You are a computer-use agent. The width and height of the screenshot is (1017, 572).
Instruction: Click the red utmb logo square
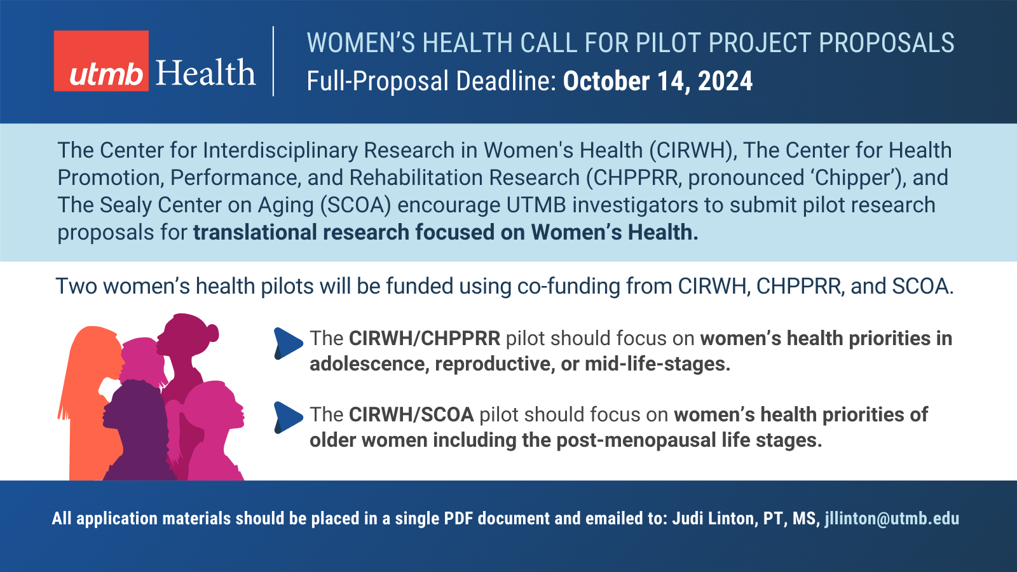(x=101, y=61)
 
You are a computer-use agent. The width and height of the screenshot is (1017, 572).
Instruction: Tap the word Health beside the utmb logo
(x=206, y=72)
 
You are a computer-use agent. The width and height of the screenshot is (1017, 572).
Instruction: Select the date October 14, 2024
(x=658, y=81)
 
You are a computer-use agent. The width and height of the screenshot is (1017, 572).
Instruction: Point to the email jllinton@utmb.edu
(x=892, y=519)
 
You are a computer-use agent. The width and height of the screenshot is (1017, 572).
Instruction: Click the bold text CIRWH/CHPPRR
(x=425, y=339)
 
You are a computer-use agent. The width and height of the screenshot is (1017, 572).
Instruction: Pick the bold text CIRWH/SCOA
(x=411, y=415)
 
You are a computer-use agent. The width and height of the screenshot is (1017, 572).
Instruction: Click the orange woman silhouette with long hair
(x=91, y=400)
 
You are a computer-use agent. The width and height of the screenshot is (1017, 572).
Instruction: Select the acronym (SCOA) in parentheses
(x=355, y=205)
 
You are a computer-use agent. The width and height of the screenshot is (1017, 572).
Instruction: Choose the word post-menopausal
(x=636, y=440)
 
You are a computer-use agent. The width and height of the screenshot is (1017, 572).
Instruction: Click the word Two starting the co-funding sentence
(x=76, y=287)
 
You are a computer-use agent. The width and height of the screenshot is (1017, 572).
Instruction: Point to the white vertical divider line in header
(x=273, y=61)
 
